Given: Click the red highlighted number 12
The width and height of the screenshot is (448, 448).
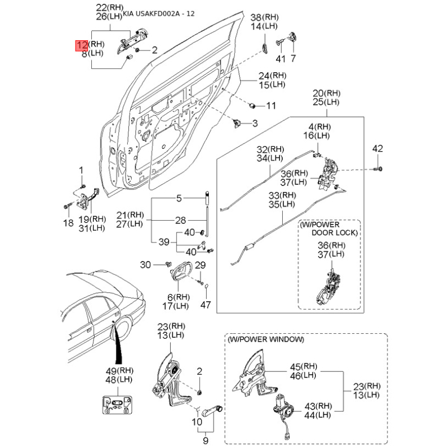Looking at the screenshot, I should click(x=81, y=45).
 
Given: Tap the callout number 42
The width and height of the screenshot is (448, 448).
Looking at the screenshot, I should click(x=379, y=148).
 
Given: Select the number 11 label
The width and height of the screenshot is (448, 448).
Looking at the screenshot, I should click(x=271, y=105).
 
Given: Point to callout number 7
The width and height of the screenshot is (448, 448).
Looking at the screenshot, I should click(x=292, y=58).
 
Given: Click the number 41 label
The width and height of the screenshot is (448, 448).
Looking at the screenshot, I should click(x=281, y=58).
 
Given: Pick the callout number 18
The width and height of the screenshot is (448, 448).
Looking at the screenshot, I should click(x=68, y=223).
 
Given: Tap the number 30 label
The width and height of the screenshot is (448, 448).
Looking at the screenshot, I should click(x=146, y=264).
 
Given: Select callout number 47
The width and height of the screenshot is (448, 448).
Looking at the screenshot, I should click(x=206, y=305).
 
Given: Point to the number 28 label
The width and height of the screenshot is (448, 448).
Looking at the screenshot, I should click(x=180, y=220).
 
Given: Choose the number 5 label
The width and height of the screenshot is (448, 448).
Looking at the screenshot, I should click(x=179, y=198).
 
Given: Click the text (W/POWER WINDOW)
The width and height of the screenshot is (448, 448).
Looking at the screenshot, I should click(x=266, y=339).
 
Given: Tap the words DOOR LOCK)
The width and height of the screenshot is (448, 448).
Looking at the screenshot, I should click(x=335, y=232).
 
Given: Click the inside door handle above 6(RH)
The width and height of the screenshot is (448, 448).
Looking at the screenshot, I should click(x=179, y=273).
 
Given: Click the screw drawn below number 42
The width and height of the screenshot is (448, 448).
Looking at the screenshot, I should click(x=380, y=167).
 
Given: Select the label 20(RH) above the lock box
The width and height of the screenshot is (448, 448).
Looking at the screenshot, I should click(x=326, y=93).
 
